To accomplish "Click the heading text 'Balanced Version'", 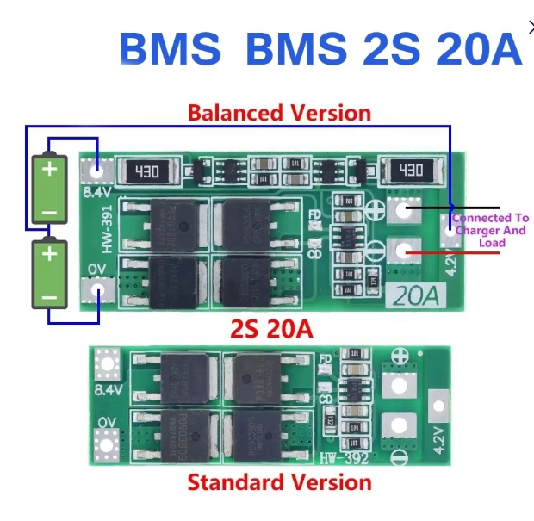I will click(279, 113).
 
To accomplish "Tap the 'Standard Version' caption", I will click(279, 482).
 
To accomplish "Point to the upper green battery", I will click(50, 189).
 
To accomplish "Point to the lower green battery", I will click(50, 275).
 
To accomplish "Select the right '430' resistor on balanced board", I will click(410, 171).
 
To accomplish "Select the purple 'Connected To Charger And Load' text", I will click(491, 231).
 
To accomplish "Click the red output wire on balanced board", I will click(448, 252).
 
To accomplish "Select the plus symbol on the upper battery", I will click(50, 169).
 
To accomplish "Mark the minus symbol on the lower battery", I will click(50, 297).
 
